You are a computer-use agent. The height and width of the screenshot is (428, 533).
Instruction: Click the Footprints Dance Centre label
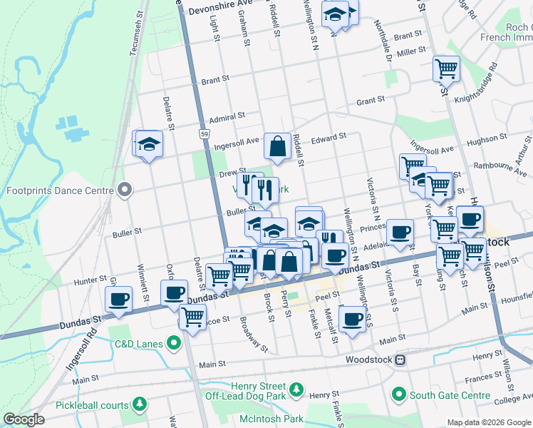click(x=59, y=190)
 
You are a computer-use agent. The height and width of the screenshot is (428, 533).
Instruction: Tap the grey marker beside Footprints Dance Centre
click(x=125, y=190)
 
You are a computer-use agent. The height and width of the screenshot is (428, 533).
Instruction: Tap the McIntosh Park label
click(x=271, y=419)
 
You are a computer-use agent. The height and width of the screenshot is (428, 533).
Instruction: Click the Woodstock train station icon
click(x=400, y=360)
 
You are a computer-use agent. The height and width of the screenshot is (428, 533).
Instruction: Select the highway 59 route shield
click(x=204, y=133)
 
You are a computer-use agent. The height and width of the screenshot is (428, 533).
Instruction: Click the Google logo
click(x=24, y=419)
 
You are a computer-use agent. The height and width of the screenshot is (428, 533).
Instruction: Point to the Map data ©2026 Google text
click(x=488, y=422)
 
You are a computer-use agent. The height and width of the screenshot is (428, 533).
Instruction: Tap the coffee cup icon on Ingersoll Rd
click(x=119, y=298)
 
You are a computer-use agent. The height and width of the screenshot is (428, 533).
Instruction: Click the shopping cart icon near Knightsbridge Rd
click(x=446, y=68)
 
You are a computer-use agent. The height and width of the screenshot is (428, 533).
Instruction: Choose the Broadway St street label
click(x=253, y=335)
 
